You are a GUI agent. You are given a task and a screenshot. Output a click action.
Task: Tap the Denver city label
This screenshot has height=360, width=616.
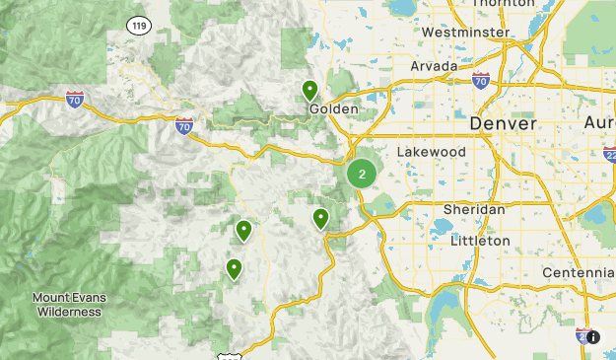point(503,124)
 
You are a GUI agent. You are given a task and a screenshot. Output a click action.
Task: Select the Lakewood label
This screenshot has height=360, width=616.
point(431,152)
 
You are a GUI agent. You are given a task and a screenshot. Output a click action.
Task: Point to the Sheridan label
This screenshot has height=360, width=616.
point(473,210)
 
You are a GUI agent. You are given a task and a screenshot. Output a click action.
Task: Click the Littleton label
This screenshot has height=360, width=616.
point(480,241)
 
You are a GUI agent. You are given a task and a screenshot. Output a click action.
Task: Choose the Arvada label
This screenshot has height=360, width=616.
point(435,66)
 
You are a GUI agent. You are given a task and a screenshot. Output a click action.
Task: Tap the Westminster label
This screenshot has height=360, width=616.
point(465,33)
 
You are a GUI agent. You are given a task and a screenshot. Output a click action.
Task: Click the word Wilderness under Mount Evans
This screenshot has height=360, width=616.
point(69,312)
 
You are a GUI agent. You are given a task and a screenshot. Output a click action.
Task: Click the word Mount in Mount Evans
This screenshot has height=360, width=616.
point(51,298)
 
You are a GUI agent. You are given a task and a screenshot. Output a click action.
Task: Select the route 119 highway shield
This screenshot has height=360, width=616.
point(139,25)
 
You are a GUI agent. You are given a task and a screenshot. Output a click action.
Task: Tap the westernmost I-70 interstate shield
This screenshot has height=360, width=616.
point(75,99)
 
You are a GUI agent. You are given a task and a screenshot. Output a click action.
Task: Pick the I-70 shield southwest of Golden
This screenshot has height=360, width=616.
point(184,125)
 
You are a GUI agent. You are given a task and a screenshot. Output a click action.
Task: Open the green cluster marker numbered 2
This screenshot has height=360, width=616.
point(362,175)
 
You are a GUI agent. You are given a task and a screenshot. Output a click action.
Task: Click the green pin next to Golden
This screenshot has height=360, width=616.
point(309,91)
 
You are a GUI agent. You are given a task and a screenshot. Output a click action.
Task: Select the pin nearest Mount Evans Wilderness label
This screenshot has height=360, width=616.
point(234,268)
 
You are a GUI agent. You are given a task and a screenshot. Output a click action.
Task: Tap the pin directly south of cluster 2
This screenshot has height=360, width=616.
point(320,219)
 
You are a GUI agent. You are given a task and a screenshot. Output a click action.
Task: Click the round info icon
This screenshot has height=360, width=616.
point(593,336)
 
